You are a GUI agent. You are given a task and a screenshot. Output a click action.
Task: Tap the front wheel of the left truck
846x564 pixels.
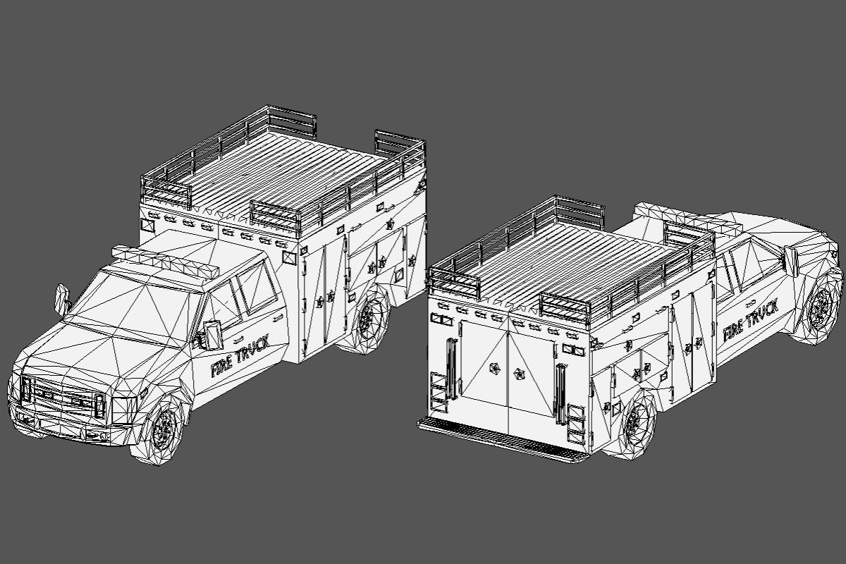[165, 429]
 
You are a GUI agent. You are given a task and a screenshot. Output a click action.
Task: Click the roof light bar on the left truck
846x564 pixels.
[166, 264]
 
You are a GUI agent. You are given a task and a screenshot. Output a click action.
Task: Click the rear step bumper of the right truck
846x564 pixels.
[501, 440]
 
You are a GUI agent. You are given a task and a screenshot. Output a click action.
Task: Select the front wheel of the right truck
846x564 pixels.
[819, 308]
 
